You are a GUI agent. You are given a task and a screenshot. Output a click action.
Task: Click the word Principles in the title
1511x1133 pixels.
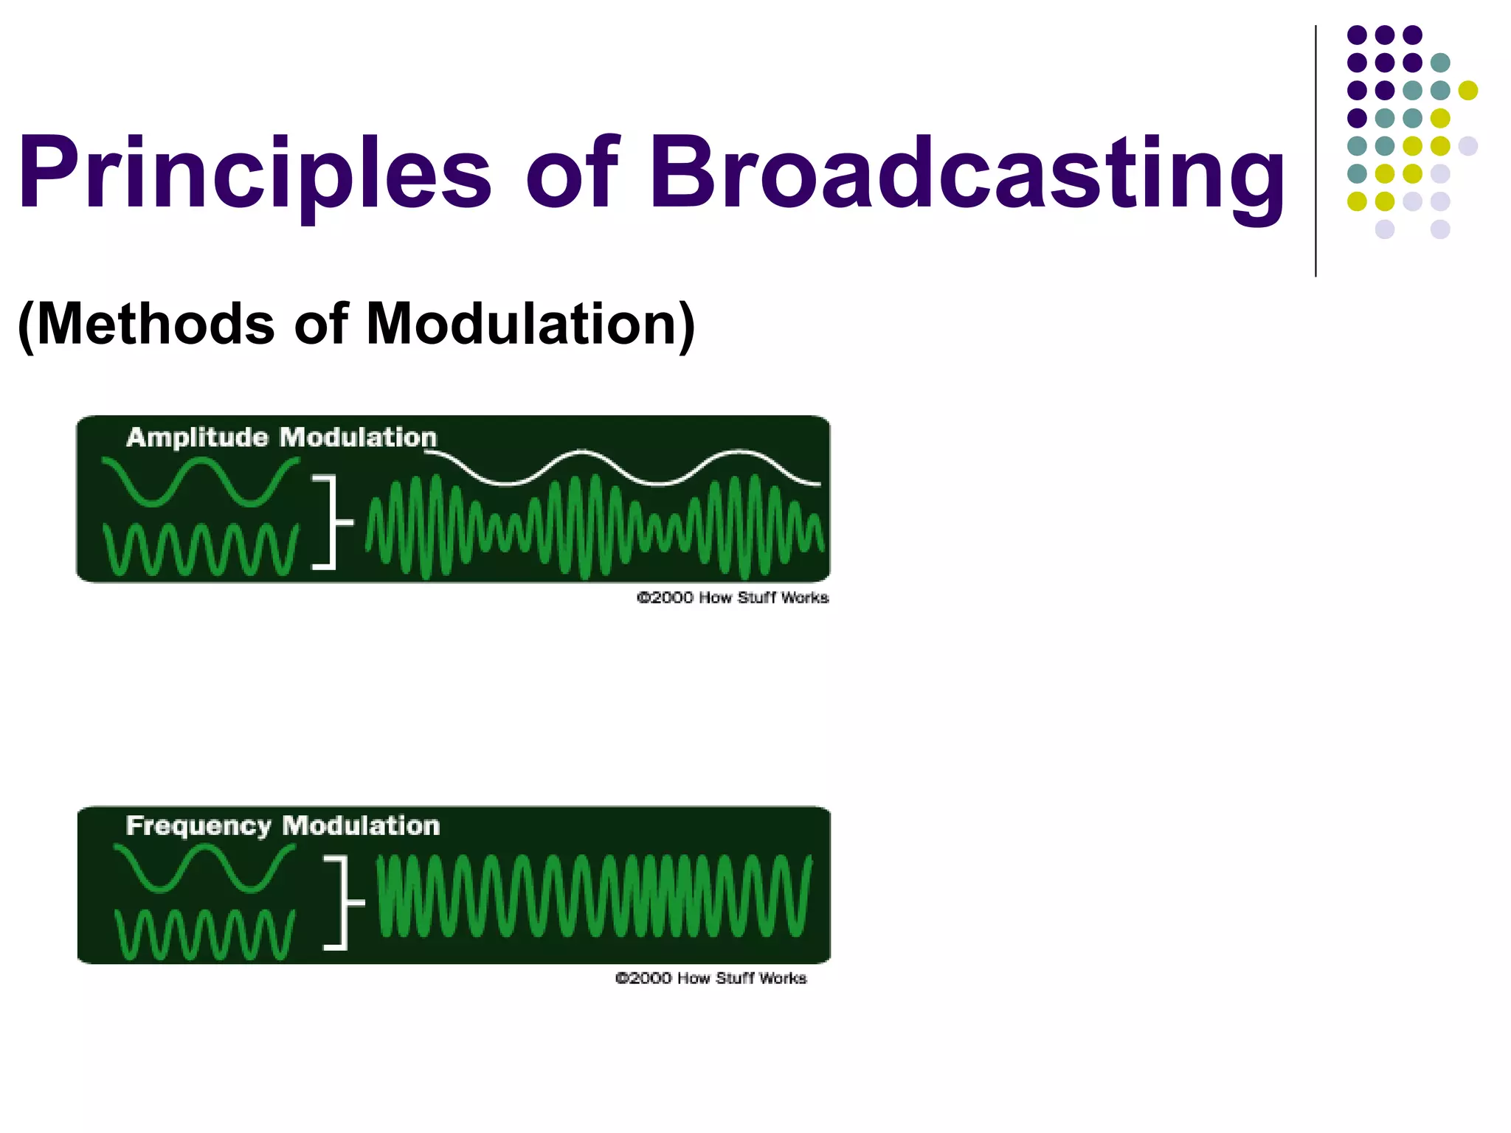pyautogui.click(x=255, y=173)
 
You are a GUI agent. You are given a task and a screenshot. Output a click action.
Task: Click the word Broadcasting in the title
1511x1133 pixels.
pyautogui.click(x=967, y=173)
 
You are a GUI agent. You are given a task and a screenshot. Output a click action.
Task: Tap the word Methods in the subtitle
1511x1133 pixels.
pyautogui.click(x=155, y=325)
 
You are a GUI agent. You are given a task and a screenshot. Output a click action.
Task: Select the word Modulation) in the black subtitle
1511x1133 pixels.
pyautogui.click(x=531, y=325)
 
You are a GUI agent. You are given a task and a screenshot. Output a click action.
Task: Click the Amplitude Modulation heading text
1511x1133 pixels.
pyautogui.click(x=282, y=437)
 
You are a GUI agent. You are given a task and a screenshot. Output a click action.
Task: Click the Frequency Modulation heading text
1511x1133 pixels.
pyautogui.click(x=283, y=825)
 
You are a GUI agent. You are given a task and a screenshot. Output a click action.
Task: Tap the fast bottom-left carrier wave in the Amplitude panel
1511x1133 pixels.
pyautogui.click(x=201, y=550)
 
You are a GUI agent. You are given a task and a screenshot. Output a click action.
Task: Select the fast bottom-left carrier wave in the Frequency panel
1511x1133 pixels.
pyautogui.click(x=204, y=935)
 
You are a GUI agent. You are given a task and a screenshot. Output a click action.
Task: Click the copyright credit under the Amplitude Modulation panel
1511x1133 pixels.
pyautogui.click(x=733, y=597)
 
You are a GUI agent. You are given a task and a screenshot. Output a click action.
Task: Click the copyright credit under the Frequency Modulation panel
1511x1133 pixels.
pyautogui.click(x=711, y=978)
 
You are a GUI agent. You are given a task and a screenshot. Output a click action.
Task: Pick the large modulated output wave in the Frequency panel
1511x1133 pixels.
pyautogui.click(x=594, y=896)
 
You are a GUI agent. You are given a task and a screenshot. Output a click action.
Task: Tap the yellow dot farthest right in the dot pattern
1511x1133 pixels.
pyautogui.click(x=1468, y=90)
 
